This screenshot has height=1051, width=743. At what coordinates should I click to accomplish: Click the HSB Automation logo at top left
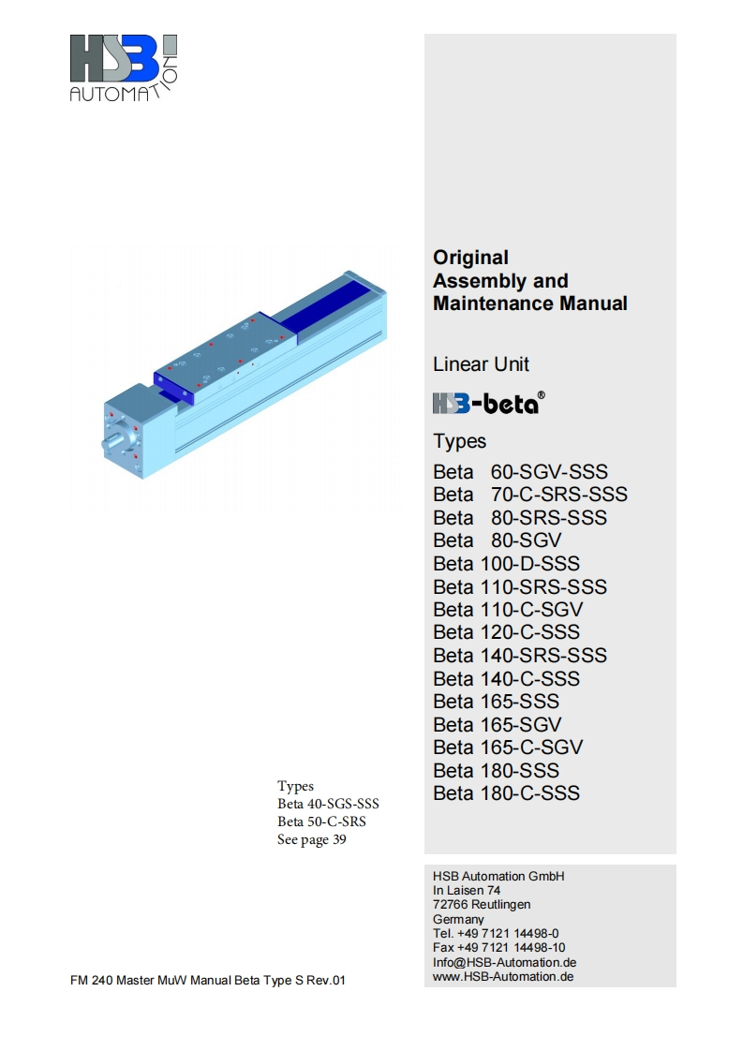(124, 68)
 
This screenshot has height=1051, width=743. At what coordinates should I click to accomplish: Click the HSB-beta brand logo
(488, 403)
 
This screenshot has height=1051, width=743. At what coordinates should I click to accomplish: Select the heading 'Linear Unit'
(481, 364)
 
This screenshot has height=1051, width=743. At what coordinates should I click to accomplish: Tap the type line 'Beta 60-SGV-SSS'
(520, 471)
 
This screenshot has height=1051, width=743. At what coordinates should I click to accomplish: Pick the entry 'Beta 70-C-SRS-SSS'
(530, 494)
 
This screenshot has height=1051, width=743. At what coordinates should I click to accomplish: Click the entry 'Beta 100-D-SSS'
(506, 563)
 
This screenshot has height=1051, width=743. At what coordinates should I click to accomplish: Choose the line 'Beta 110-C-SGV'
(508, 609)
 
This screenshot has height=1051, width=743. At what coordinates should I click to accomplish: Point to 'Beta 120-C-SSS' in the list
(506, 632)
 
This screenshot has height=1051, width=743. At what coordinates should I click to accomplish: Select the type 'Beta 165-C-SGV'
(508, 747)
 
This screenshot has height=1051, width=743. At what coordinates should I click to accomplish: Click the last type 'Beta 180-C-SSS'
(506, 793)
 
